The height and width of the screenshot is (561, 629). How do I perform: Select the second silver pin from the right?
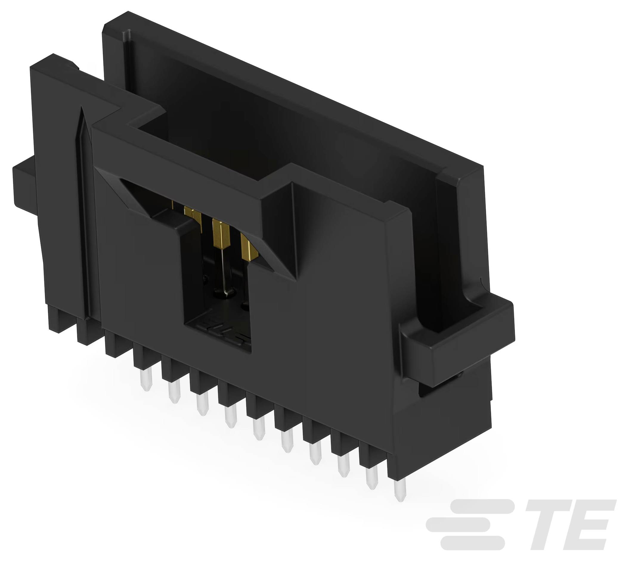pyautogui.click(x=372, y=482)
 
